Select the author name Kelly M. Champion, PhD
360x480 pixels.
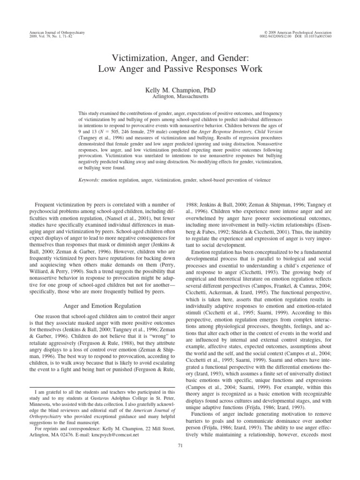[x=180, y=89]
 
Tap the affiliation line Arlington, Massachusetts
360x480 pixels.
[x=180, y=96]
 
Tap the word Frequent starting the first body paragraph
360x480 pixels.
[x=46, y=192]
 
